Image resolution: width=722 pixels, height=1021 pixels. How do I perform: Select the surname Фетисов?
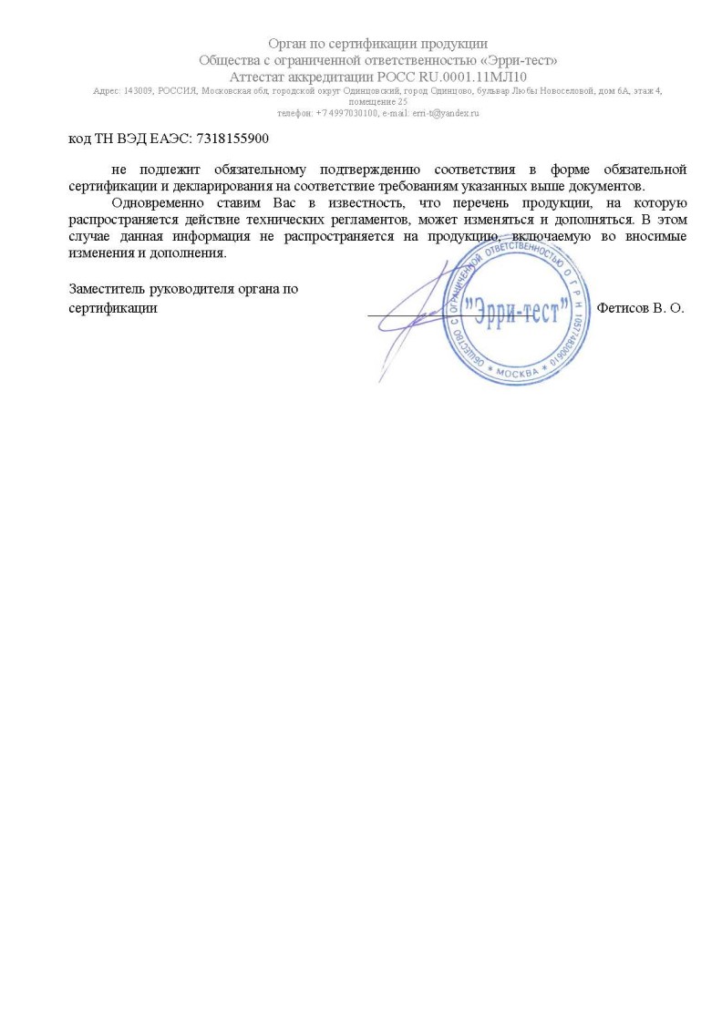click(x=624, y=308)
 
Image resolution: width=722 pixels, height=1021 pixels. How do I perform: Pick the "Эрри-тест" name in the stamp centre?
click(x=519, y=308)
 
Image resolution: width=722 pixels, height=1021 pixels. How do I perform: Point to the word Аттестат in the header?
click(x=257, y=76)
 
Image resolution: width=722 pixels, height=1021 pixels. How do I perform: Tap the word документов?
click(x=609, y=186)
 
